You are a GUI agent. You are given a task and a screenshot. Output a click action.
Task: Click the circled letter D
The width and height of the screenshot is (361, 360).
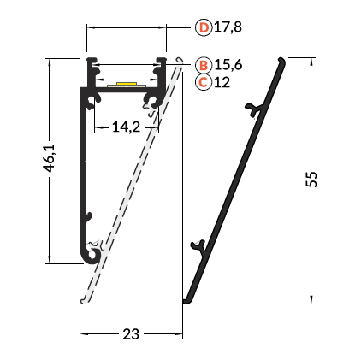[x=204, y=27]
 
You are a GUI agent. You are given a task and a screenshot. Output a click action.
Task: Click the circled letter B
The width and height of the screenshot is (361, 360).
[x=204, y=65]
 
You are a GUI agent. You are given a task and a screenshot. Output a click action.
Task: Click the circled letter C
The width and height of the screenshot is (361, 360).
[x=204, y=82]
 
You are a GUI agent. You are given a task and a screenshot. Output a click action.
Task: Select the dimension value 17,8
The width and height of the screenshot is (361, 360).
[x=228, y=27]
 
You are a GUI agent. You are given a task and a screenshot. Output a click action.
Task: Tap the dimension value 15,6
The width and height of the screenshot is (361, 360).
[x=228, y=65]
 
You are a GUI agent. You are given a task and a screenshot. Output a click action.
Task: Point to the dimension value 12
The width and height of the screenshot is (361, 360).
[x=222, y=82]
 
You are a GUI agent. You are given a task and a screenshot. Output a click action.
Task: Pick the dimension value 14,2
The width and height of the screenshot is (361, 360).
[x=126, y=127]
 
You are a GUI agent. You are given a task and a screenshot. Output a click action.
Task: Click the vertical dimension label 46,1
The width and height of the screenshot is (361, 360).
[x=49, y=158]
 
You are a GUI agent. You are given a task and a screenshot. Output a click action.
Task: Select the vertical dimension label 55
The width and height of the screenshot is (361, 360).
[x=311, y=180]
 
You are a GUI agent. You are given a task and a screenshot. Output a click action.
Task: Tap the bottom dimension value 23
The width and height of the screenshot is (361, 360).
[x=131, y=334]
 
